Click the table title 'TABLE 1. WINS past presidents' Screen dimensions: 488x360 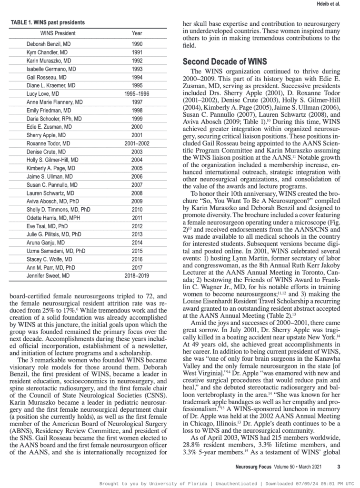47,22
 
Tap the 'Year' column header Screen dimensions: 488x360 137,33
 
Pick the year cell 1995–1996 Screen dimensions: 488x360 137,94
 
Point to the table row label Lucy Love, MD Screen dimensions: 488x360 43,94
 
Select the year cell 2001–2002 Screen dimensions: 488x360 137,143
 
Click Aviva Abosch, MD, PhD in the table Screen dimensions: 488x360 52,202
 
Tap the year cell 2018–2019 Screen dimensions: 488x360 137,276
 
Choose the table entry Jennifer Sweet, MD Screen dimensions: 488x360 48,276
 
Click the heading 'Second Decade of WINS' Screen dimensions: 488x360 225,61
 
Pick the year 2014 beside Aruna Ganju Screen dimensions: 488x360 137,243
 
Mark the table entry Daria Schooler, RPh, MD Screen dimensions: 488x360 54,119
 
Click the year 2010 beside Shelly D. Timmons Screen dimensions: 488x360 137,210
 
